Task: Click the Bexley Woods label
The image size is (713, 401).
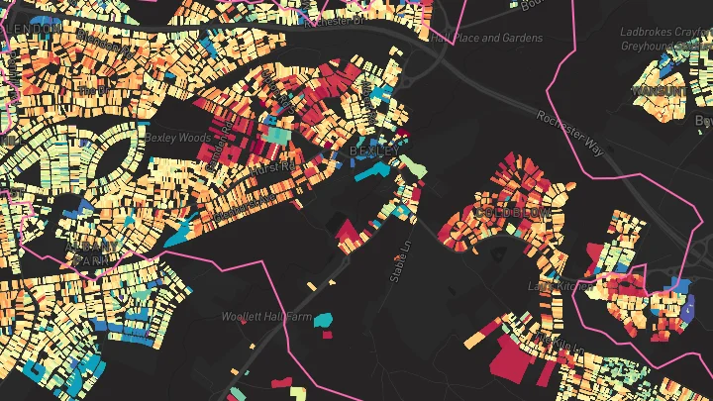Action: [x=177, y=137]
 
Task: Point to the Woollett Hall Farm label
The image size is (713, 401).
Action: [x=265, y=317]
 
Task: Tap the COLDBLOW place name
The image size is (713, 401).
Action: [x=511, y=212]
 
